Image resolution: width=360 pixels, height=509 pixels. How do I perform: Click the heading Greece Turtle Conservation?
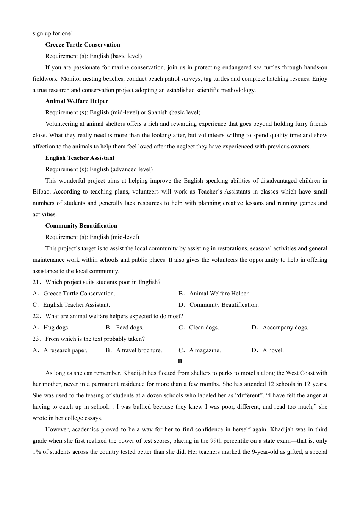pos(83,45)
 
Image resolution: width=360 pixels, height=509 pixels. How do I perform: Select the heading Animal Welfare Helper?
pos(77,101)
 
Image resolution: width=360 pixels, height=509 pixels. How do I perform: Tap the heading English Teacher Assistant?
pos(80,158)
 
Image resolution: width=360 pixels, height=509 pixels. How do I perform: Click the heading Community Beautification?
pos(81,226)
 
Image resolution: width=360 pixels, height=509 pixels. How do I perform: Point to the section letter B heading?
pos(180,361)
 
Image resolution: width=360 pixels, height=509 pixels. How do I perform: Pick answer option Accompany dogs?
pos(285,328)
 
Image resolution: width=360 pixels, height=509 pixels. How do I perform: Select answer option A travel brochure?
pos(139,350)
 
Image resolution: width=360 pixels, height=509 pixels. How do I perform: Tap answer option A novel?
pos(273,350)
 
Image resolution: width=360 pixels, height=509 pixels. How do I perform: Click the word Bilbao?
pos(41,192)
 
